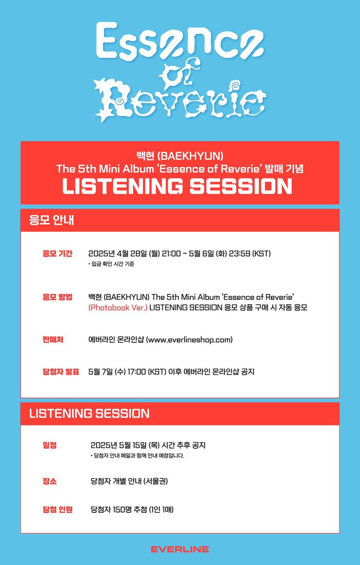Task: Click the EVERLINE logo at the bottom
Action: pyautogui.click(x=180, y=549)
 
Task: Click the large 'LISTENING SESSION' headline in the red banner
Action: pyautogui.click(x=177, y=186)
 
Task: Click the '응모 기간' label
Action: pyautogui.click(x=57, y=254)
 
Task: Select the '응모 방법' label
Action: pyautogui.click(x=57, y=297)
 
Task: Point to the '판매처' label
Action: pyautogui.click(x=53, y=339)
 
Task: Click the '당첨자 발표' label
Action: pyautogui.click(x=61, y=371)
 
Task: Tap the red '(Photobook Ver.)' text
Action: pyautogui.click(x=117, y=307)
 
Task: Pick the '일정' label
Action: pyautogui.click(x=49, y=445)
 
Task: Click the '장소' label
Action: pyautogui.click(x=49, y=481)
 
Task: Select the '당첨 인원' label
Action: pyautogui.click(x=57, y=509)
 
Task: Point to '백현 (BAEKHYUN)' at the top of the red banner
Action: pyautogui.click(x=180, y=155)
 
